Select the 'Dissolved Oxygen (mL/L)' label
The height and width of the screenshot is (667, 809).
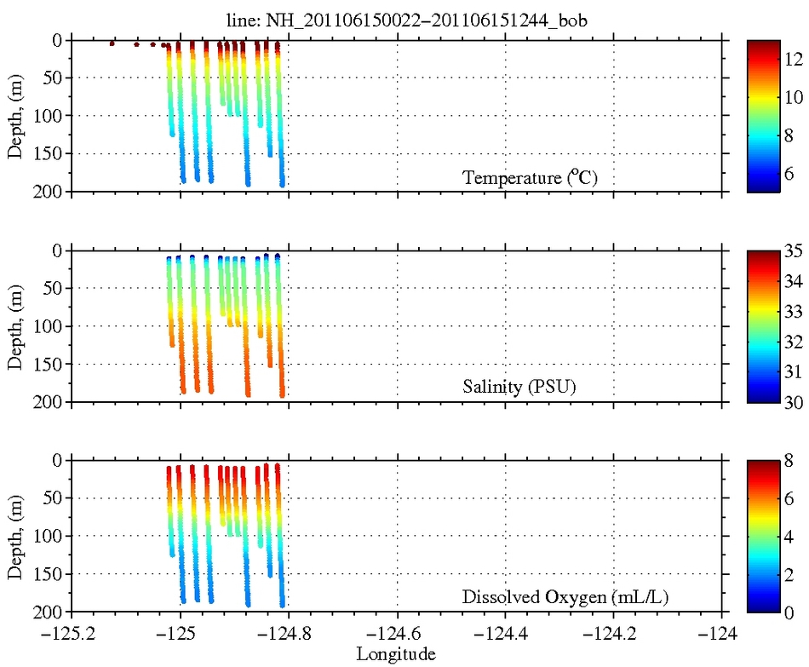565,597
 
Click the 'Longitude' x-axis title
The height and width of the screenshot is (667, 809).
396,654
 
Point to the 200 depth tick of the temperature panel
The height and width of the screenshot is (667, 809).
49,192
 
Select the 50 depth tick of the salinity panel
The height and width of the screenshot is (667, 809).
53,288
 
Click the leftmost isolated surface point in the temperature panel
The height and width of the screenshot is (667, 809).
112,43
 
